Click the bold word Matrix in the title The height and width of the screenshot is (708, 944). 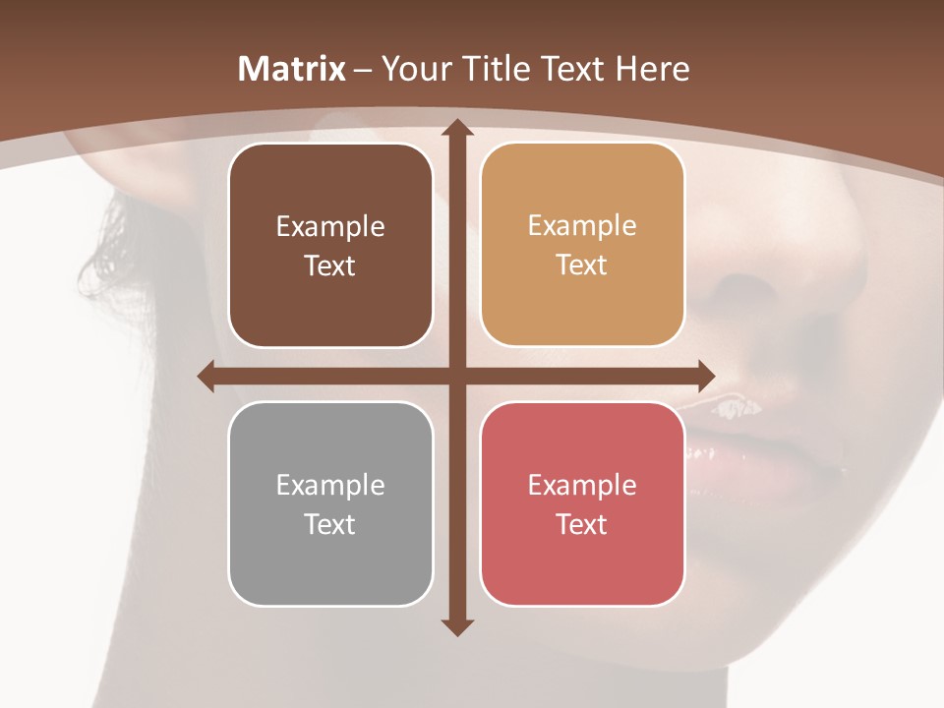pyautogui.click(x=292, y=69)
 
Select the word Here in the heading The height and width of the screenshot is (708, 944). pyautogui.click(x=652, y=69)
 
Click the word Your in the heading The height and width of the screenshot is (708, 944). pyautogui.click(x=413, y=69)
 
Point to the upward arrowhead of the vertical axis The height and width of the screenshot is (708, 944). pyautogui.click(x=456, y=129)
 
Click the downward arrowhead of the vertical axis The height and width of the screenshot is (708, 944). pyautogui.click(x=456, y=626)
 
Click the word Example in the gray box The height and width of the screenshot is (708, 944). pyautogui.click(x=330, y=485)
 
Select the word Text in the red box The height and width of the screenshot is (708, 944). pyautogui.click(x=582, y=524)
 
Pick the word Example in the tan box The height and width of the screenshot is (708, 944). pyautogui.click(x=582, y=225)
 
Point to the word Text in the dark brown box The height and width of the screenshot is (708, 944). pyautogui.click(x=330, y=265)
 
